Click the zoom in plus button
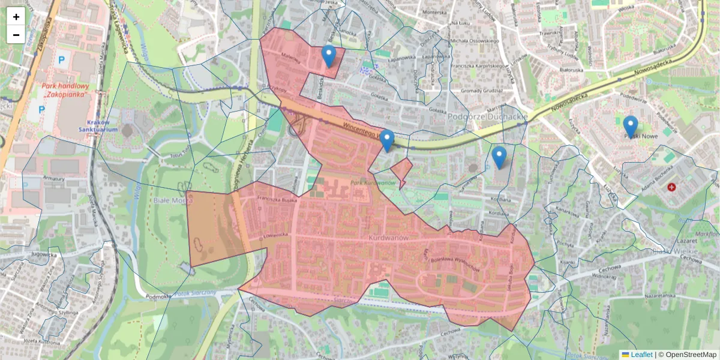(x=16, y=17)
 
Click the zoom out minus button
(x=16, y=35)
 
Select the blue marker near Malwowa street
(x=328, y=55)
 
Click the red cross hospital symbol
(x=671, y=188)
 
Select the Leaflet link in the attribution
(x=641, y=355)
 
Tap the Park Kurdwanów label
(x=371, y=182)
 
